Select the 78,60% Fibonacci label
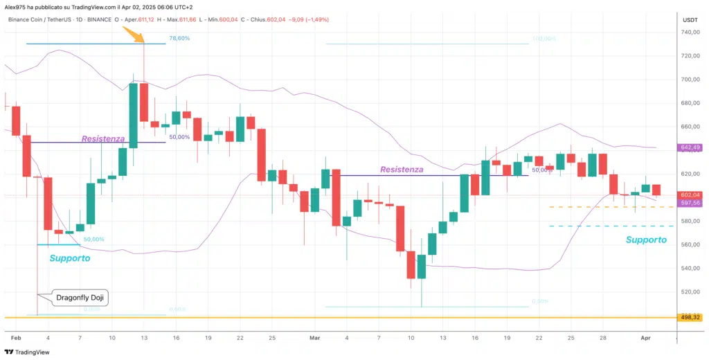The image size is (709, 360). (179, 38)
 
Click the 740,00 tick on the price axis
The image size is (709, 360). (689, 32)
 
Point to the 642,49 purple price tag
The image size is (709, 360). (690, 147)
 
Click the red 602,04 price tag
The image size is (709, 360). (690, 195)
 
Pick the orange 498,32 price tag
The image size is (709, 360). (690, 317)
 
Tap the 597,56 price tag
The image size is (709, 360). (690, 203)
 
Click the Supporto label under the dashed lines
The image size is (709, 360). (646, 240)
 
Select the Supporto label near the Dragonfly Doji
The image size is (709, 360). (69, 258)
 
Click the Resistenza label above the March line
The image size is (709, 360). (402, 168)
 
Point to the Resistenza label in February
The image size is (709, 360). (103, 138)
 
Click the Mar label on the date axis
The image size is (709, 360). (315, 338)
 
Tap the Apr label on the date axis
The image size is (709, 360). (645, 338)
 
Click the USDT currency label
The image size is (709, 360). (690, 19)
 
